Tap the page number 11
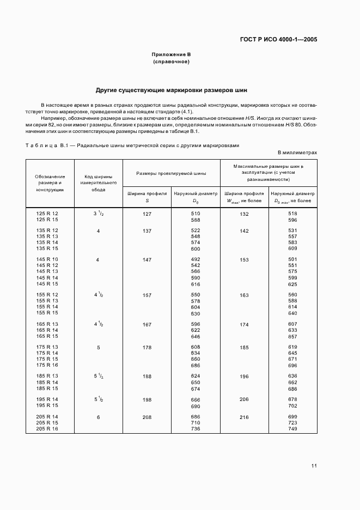(x=314, y=466)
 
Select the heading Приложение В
(x=171, y=54)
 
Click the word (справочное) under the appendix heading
(x=171, y=62)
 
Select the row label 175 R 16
(x=47, y=366)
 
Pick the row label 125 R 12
(x=47, y=214)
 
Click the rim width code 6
(x=98, y=417)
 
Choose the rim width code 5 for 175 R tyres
(x=98, y=347)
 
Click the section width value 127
(x=147, y=214)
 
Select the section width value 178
(x=147, y=347)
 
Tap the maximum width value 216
(x=244, y=417)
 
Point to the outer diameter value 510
(x=196, y=214)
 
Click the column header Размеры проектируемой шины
(x=171, y=173)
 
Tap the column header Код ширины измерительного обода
(x=98, y=183)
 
